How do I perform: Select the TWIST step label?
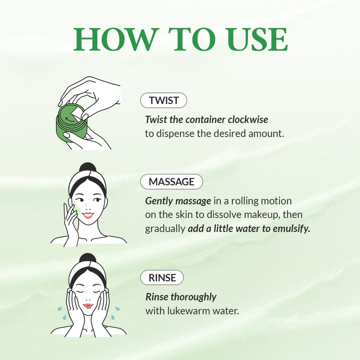163,101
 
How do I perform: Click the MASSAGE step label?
172,182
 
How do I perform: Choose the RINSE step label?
162,278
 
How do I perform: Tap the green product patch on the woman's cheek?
77,210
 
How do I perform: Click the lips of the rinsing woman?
88,306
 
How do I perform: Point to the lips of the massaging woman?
88,215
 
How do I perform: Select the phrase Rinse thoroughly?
181,297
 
